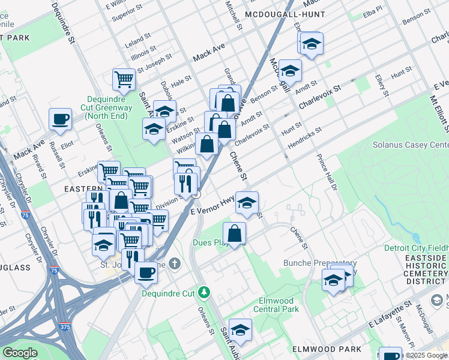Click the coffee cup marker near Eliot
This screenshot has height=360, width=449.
pos(60,119)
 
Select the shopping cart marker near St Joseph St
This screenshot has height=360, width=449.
pos(124,79)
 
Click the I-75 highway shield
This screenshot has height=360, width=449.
pos(55,271)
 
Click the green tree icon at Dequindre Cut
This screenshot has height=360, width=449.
pos(205,292)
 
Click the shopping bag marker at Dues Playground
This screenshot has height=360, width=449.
pos(234,233)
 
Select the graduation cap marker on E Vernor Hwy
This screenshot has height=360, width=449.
pos(247,203)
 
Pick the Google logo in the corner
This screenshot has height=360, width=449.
pos(20,353)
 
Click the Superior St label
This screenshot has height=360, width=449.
pos(127,13)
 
